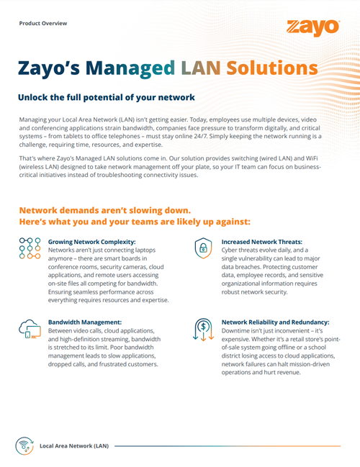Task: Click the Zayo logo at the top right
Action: pyautogui.click(x=312, y=27)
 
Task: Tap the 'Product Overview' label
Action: pyautogui.click(x=43, y=23)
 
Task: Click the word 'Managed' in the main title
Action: pyautogui.click(x=134, y=68)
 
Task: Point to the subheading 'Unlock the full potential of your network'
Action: pyautogui.click(x=106, y=96)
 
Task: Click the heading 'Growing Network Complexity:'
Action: pyautogui.click(x=91, y=242)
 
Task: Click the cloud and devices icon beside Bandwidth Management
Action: pyautogui.click(x=28, y=329)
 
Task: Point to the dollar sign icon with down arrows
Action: pyautogui.click(x=204, y=329)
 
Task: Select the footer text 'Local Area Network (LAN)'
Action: pyautogui.click(x=74, y=446)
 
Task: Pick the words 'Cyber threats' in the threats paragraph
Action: pyautogui.click(x=243, y=252)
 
